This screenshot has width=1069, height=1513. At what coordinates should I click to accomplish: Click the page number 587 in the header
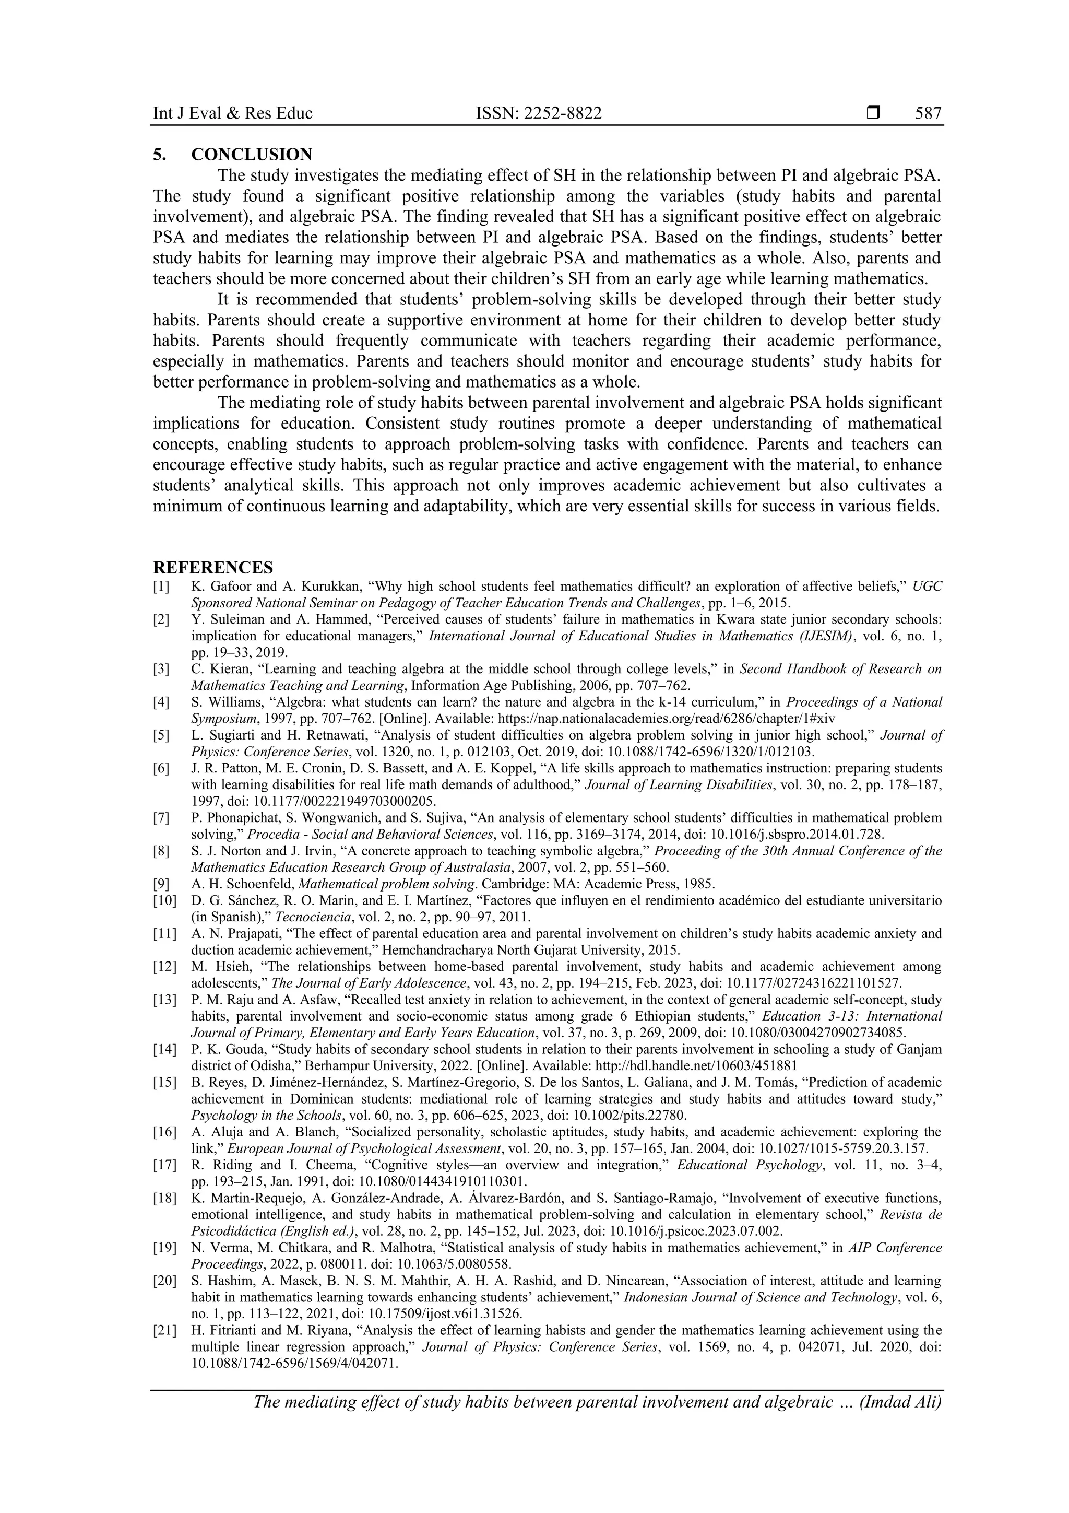point(928,113)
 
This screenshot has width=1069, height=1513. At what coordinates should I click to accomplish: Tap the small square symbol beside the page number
point(873,113)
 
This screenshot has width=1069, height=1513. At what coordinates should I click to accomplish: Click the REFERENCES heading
point(213,567)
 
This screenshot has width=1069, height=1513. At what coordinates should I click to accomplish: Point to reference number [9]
point(161,884)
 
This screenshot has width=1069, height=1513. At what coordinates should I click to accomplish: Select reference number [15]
point(164,1082)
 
